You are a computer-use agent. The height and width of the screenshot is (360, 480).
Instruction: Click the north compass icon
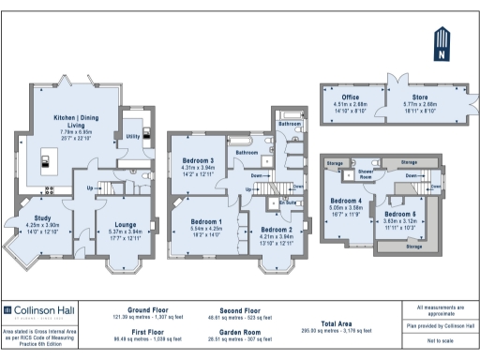pos(441,44)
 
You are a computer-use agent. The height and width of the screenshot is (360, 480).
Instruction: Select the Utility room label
pos(133,136)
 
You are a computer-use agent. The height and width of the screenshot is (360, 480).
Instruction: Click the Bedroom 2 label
pos(277,230)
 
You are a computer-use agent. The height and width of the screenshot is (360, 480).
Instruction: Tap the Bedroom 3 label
pos(198,160)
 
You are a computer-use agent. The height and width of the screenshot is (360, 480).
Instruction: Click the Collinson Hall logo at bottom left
pos(37,310)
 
